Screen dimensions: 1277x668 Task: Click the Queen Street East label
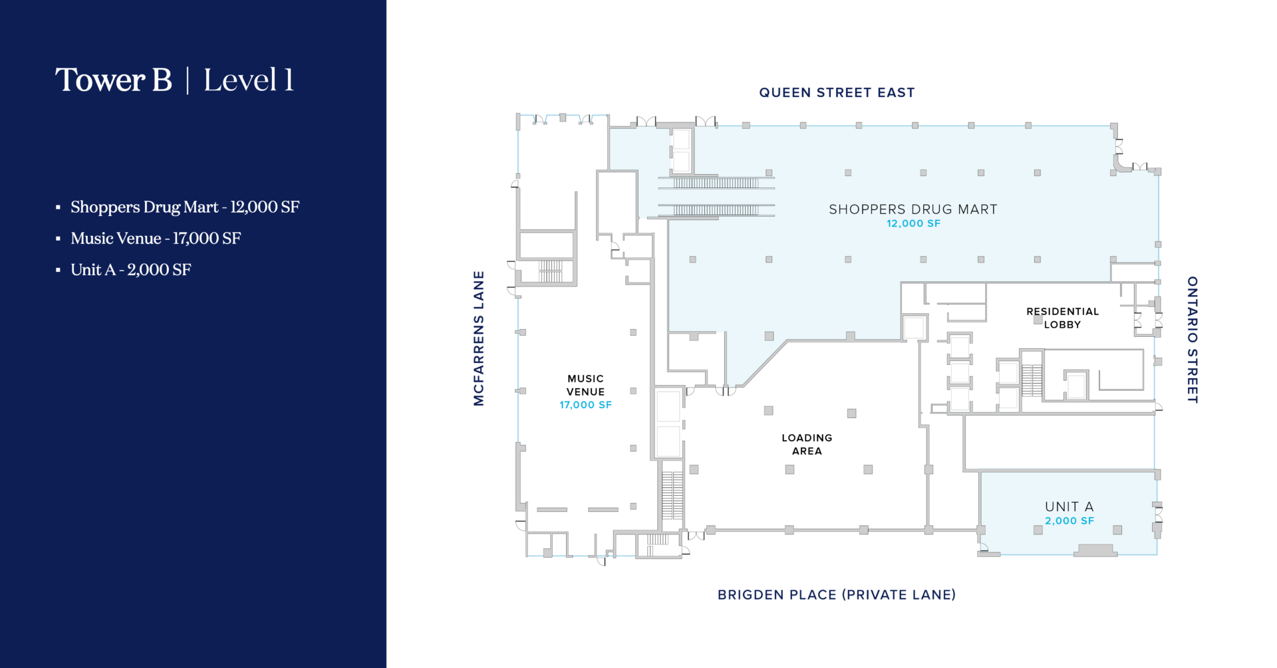[837, 92]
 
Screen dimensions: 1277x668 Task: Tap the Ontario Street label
[1193, 340]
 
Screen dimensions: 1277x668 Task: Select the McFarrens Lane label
[479, 338]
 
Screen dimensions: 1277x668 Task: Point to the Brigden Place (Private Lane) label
[837, 595]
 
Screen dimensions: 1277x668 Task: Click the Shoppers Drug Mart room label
[913, 209]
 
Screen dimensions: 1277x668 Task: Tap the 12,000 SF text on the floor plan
[913, 224]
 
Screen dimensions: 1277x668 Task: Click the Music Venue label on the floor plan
[585, 385]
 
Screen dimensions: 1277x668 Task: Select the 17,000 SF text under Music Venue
[585, 405]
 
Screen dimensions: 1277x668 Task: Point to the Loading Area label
[807, 444]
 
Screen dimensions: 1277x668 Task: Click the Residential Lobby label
[1062, 318]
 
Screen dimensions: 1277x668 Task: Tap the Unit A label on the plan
[1069, 506]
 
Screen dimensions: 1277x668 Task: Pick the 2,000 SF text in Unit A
[1069, 521]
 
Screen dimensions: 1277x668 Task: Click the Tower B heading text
[114, 80]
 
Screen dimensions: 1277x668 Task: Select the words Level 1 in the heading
[248, 80]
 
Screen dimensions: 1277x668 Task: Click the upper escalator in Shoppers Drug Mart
[716, 182]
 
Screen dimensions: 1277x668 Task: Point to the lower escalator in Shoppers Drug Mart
[716, 210]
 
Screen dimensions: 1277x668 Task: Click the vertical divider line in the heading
[188, 80]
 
